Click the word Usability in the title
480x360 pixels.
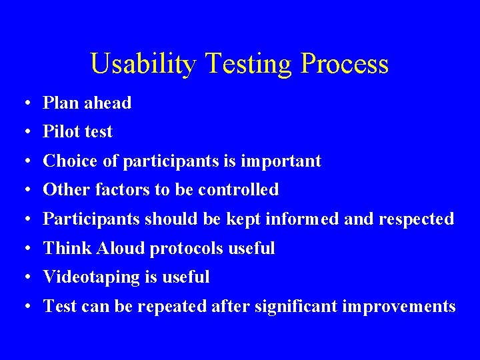click(x=143, y=64)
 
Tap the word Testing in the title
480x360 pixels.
click(x=248, y=64)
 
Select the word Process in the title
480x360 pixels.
click(x=344, y=64)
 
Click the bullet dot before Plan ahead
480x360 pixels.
click(x=24, y=103)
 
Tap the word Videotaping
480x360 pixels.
click(x=91, y=277)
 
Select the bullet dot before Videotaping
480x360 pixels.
click(x=24, y=277)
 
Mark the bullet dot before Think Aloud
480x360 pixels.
click(x=24, y=249)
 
